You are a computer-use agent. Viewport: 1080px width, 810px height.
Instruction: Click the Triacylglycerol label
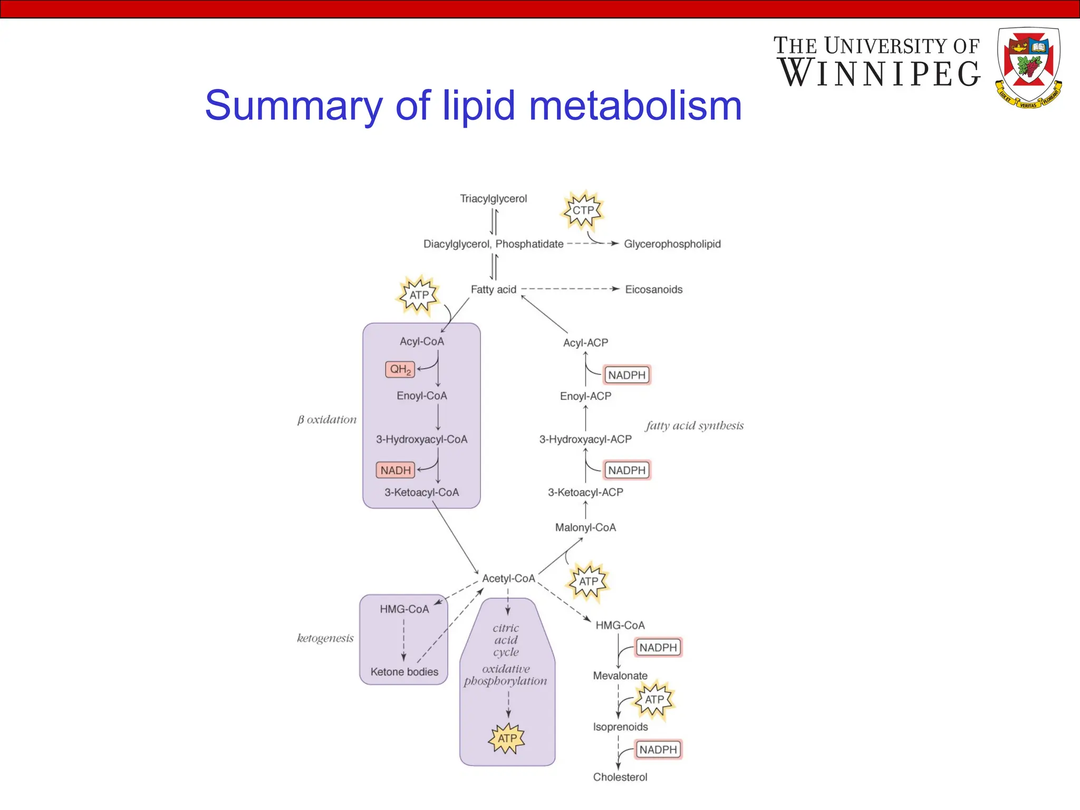[493, 199]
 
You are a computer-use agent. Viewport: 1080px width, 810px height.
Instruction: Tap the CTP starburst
[583, 210]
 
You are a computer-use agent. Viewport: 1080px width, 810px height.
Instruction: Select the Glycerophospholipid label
[672, 244]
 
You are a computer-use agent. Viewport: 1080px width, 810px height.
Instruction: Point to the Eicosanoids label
[653, 290]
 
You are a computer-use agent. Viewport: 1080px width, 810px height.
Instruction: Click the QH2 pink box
[400, 369]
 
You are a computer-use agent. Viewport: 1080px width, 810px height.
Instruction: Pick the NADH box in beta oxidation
[396, 470]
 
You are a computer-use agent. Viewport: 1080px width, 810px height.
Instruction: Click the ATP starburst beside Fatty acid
[419, 295]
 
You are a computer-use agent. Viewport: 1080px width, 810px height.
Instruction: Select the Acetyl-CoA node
[508, 578]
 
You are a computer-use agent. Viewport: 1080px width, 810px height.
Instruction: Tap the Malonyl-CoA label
[585, 527]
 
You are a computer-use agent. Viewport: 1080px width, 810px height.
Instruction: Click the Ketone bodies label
[404, 672]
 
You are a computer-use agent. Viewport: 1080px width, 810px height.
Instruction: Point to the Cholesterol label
[620, 777]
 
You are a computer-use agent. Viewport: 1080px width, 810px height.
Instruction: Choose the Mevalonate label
[620, 676]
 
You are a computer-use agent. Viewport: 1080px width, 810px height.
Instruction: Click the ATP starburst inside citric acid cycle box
[507, 738]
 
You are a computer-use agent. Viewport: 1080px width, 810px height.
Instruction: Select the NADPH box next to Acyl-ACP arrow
[626, 375]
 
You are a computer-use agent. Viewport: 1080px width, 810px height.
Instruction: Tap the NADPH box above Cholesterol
[658, 749]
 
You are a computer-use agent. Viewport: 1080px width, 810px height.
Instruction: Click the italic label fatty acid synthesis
[695, 426]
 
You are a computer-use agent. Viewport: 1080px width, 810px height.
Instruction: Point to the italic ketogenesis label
[325, 638]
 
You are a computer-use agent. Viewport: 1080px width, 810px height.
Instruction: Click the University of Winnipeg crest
[1028, 67]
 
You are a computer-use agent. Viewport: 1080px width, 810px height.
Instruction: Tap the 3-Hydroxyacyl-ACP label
[585, 439]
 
